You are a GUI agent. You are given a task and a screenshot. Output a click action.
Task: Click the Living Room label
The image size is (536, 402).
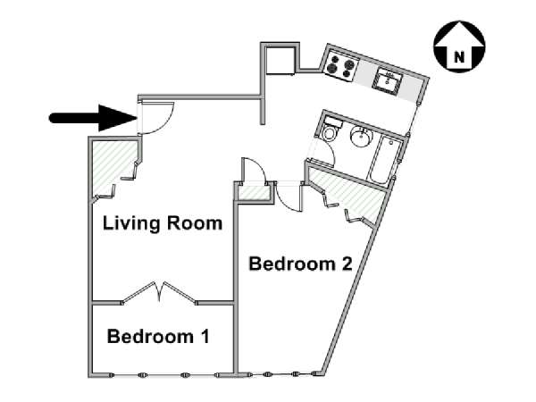pos(163,223)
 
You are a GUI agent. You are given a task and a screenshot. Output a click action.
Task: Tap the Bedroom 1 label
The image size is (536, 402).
pos(158,336)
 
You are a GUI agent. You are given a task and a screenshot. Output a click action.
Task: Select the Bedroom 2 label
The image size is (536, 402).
pos(300,264)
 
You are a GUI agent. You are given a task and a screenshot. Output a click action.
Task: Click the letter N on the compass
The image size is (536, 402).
pos(459,56)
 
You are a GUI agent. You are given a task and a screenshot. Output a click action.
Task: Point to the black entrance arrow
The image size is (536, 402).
pos(93,118)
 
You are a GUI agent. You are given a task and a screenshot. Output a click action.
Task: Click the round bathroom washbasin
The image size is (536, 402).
pos(361,136)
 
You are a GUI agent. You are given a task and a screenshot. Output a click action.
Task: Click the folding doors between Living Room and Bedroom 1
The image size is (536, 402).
pos(159,292)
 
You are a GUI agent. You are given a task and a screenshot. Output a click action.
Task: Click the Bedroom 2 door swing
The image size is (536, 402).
pos(289,198)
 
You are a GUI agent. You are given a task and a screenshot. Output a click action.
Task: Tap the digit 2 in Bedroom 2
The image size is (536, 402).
pos(347,264)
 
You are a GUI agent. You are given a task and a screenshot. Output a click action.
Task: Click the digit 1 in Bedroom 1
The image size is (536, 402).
pos(205,336)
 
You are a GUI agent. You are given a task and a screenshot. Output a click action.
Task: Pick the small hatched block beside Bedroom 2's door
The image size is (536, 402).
pos(254,193)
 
